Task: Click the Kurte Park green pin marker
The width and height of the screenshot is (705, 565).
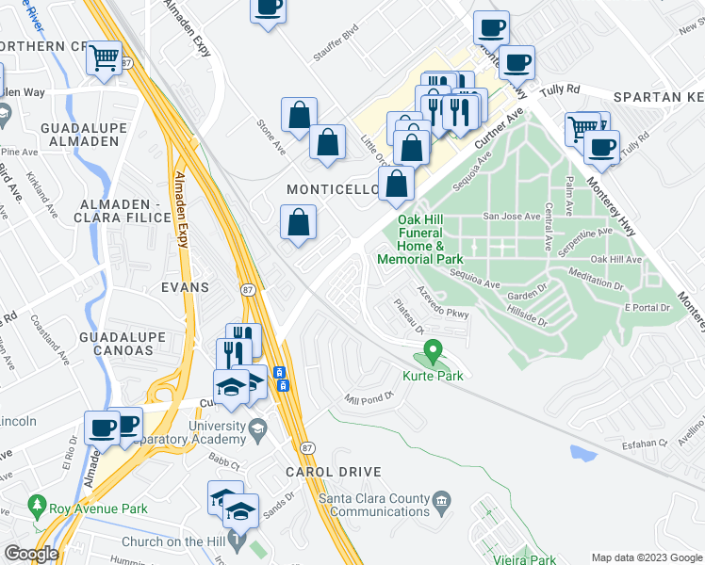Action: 434,352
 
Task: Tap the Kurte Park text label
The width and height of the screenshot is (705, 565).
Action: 434,376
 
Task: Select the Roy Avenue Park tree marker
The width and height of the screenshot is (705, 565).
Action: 38,507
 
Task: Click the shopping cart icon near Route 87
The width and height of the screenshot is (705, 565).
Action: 106,58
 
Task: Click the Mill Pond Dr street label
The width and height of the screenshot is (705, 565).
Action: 368,398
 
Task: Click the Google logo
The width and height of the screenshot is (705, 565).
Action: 30,553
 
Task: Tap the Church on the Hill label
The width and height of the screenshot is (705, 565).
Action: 175,541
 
